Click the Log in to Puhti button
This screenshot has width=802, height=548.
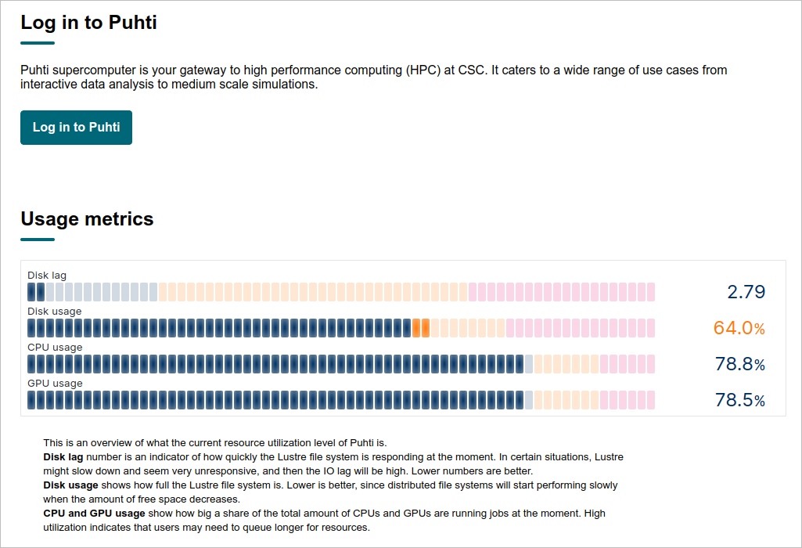tap(76, 128)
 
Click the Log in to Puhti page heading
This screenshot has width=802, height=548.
tap(88, 23)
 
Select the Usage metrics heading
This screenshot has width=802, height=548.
tap(87, 219)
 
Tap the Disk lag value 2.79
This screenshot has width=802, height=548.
tap(746, 292)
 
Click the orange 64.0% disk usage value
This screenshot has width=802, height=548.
tap(739, 328)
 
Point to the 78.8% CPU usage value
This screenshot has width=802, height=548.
tap(740, 364)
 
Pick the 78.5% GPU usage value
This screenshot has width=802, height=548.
tap(740, 400)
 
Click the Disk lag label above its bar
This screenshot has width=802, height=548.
tap(46, 276)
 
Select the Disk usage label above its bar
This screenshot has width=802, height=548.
tap(54, 312)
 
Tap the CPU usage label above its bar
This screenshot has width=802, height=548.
tap(55, 348)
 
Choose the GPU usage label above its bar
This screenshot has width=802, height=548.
tap(55, 384)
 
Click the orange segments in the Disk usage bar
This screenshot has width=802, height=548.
tap(421, 328)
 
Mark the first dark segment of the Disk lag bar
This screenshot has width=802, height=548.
tap(31, 292)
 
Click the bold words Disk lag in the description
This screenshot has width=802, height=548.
tap(63, 457)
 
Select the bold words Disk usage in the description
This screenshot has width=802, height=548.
tap(70, 485)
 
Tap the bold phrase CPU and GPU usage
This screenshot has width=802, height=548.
tap(94, 514)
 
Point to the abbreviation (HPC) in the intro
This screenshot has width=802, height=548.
tap(423, 70)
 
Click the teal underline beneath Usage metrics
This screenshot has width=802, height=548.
tap(38, 239)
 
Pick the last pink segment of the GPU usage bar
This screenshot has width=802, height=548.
tap(651, 400)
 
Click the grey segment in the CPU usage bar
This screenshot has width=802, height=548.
tap(528, 364)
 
